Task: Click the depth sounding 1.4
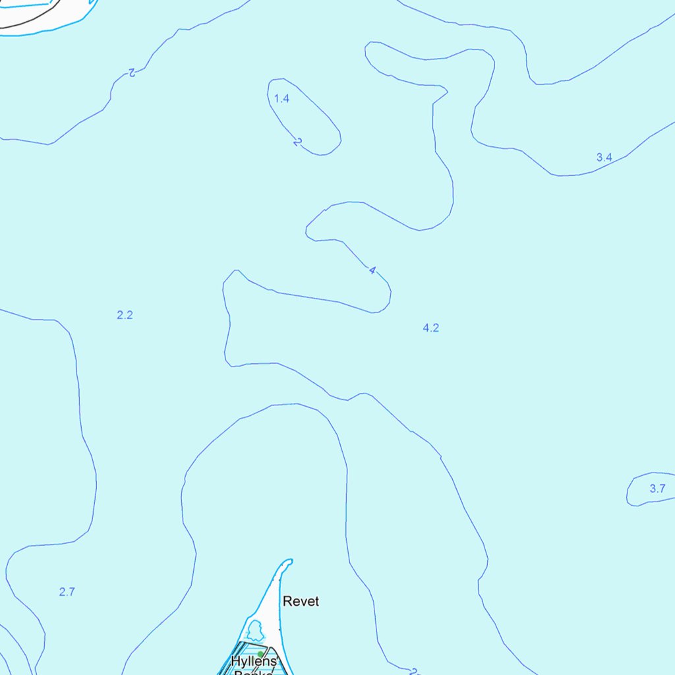281,99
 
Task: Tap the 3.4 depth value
604,157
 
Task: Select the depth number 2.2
125,315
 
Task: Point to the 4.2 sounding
430,328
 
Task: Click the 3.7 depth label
657,488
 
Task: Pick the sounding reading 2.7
67,592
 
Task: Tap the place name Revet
301,601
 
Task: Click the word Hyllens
254,662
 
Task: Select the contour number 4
372,270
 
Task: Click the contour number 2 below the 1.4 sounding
298,141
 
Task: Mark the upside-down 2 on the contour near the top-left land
132,72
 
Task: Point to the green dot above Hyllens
260,654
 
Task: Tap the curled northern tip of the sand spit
288,562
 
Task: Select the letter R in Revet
287,601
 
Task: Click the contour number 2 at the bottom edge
414,671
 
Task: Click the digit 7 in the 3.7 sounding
662,488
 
